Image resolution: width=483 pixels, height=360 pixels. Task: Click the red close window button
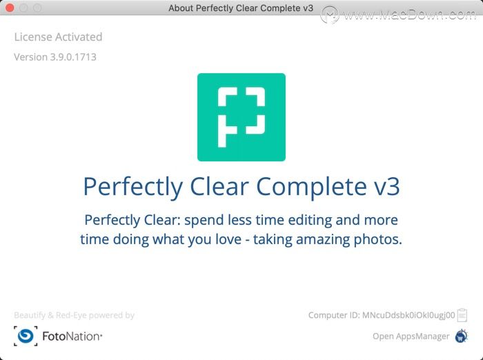[10, 8]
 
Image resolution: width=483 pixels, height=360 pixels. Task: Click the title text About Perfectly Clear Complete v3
[241, 8]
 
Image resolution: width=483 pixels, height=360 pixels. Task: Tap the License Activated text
[58, 37]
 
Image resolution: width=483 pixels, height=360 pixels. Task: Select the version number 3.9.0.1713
[73, 57]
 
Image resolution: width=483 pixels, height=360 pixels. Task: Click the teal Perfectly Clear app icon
[241, 117]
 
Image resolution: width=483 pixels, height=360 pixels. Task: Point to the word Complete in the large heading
[311, 187]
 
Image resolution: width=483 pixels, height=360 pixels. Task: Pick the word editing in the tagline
[310, 221]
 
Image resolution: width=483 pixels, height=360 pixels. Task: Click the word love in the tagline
[228, 239]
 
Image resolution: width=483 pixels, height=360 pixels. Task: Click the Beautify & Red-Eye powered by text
[75, 315]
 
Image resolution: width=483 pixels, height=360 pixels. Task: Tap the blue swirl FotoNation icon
[26, 336]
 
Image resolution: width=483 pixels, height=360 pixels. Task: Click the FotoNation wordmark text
[72, 337]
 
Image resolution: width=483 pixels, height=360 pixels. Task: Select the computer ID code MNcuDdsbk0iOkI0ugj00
[408, 315]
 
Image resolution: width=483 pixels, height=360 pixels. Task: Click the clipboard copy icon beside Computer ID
[462, 315]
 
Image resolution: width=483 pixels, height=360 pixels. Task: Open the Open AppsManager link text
[411, 337]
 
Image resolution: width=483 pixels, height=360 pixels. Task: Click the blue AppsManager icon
[462, 336]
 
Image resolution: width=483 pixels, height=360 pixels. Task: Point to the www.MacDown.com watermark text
[409, 14]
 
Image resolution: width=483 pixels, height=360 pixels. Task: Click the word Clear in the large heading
[219, 187]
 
